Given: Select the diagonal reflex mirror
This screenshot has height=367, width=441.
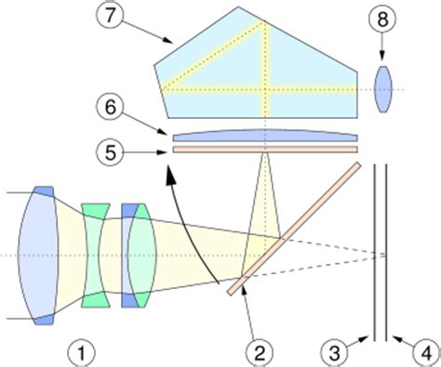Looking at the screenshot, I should click(x=293, y=229).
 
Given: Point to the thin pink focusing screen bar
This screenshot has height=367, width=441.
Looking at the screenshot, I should click(x=265, y=148).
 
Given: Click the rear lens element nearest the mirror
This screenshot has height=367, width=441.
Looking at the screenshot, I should click(x=141, y=256).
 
